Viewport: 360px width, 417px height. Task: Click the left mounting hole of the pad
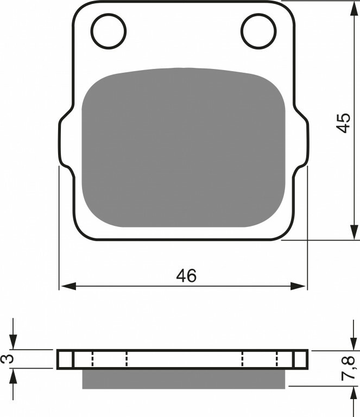109,31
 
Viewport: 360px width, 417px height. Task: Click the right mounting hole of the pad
258,31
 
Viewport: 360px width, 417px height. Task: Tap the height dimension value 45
343,123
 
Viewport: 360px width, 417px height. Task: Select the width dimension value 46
186,275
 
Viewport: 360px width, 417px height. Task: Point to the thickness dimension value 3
7,358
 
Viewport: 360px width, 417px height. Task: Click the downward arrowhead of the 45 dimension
354,232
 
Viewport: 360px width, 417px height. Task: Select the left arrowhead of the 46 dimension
68,287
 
